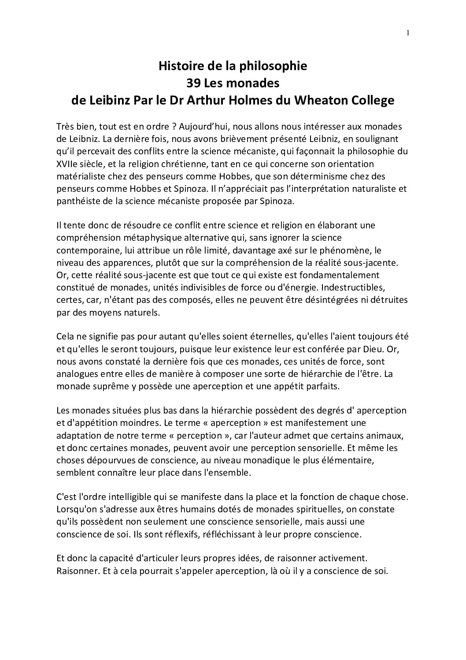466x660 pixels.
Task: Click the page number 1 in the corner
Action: pos(408,32)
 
